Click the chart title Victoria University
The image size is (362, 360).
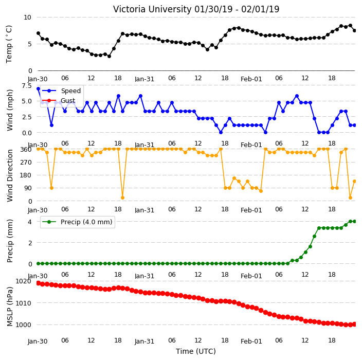pyautogui.click(x=152, y=9)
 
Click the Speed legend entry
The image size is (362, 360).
pyautogui.click(x=61, y=91)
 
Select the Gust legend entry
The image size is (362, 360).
pyautogui.click(x=59, y=101)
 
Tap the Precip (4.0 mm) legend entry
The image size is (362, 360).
pyautogui.click(x=78, y=222)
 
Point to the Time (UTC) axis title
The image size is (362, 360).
pyautogui.click(x=196, y=351)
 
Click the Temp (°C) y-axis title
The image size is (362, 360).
pyautogui.click(x=9, y=44)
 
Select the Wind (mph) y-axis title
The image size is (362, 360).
pyautogui.click(x=10, y=110)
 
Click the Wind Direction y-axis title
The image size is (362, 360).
pyautogui.click(x=10, y=175)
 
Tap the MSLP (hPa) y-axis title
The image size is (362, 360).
pyautogui.click(x=10, y=307)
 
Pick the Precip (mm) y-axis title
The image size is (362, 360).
pyautogui.click(x=10, y=241)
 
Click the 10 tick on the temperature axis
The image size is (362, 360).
pyautogui.click(x=27, y=17)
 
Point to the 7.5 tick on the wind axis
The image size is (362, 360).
pyautogui.click(x=27, y=86)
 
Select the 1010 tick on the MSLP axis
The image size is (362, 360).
pyautogui.click(x=23, y=303)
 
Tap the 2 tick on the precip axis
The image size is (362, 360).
pyautogui.click(x=30, y=243)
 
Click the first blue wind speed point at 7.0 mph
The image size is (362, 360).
pyautogui.click(x=39, y=88)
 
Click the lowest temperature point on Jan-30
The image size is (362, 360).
pyautogui.click(x=109, y=56)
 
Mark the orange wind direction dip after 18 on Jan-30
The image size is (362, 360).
pyautogui.click(x=122, y=197)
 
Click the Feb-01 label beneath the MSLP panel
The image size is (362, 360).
pyautogui.click(x=251, y=341)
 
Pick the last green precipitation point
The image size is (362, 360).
pyautogui.click(x=355, y=222)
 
